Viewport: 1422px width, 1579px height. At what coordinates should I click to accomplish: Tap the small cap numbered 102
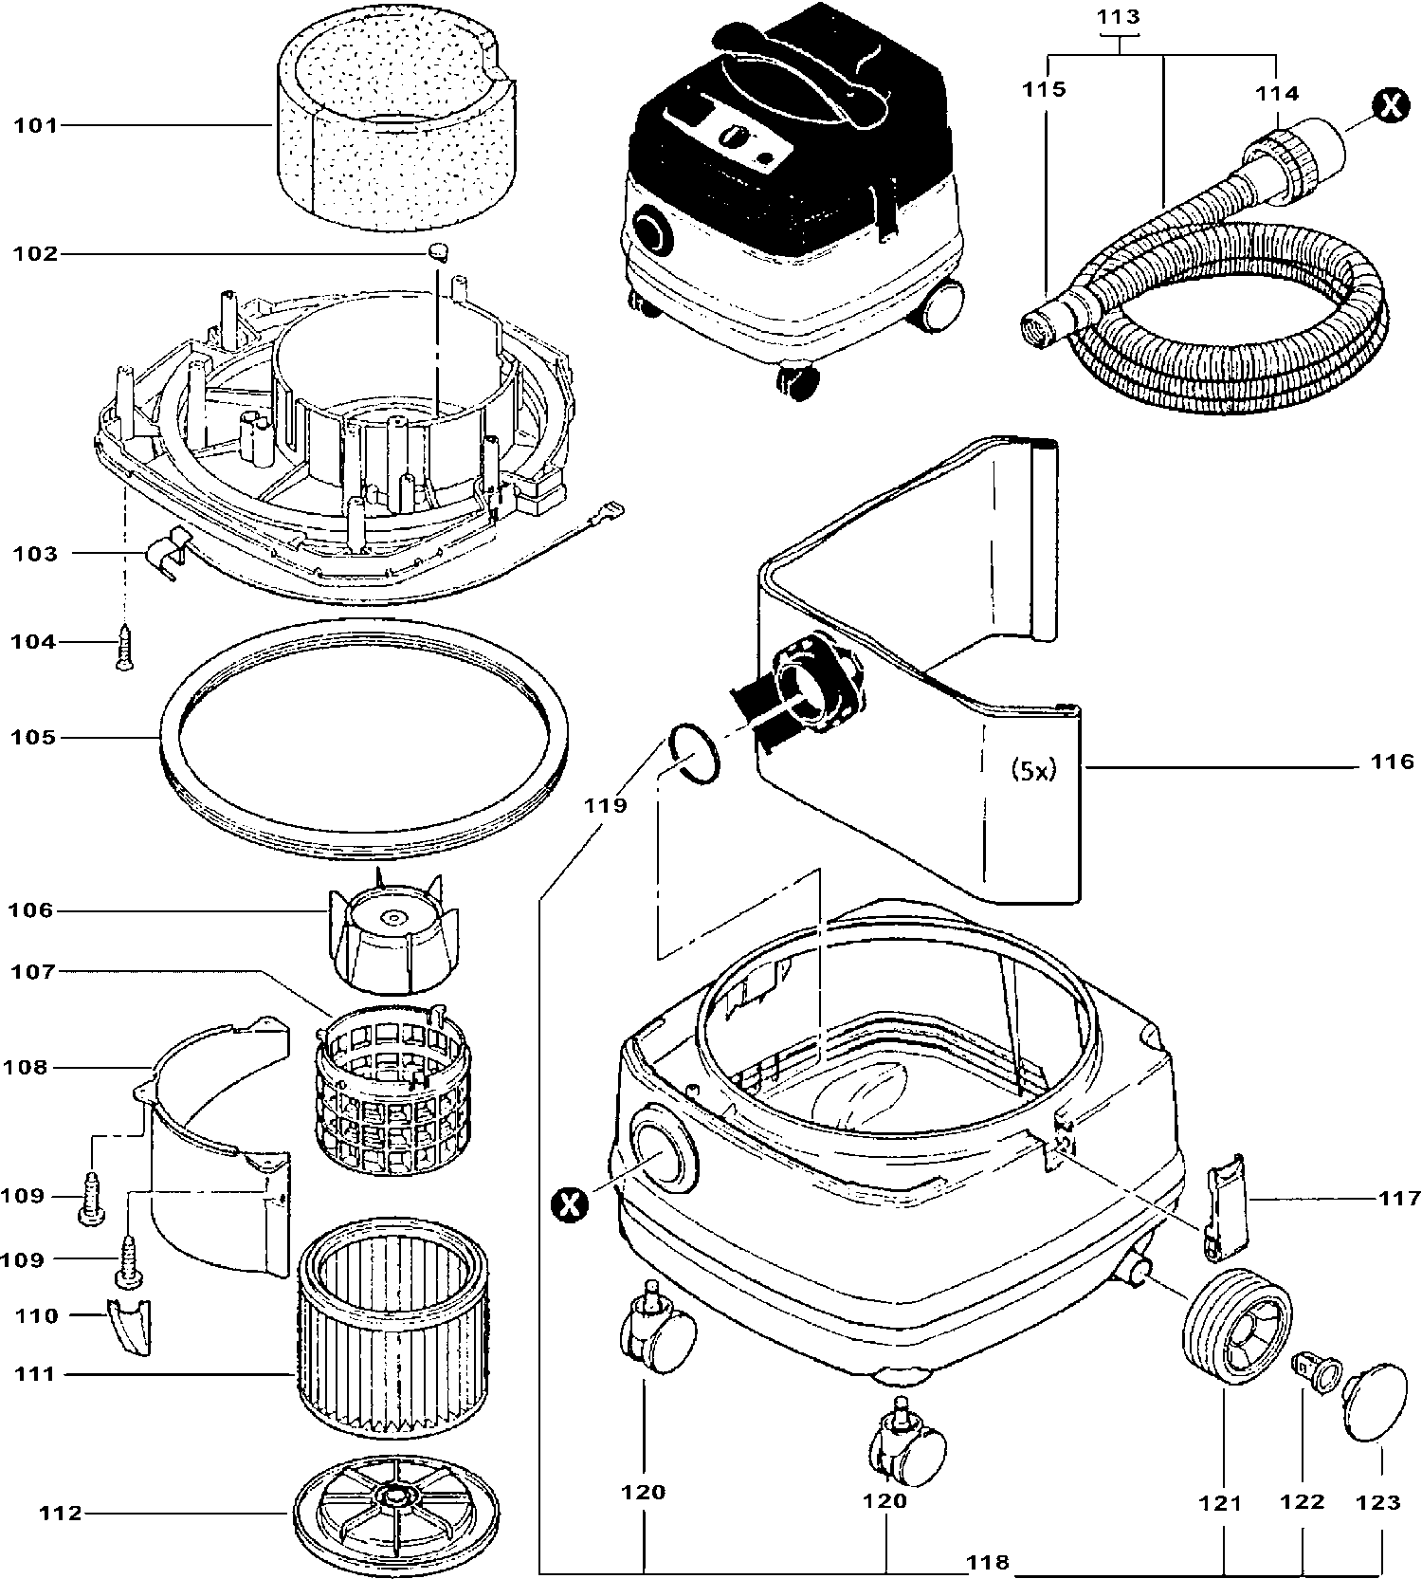coord(437,251)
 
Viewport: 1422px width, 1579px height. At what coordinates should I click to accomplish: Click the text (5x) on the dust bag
coord(1032,770)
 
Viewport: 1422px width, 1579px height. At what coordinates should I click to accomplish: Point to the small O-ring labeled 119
coord(694,754)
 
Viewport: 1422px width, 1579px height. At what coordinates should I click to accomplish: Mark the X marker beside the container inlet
coord(569,1205)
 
